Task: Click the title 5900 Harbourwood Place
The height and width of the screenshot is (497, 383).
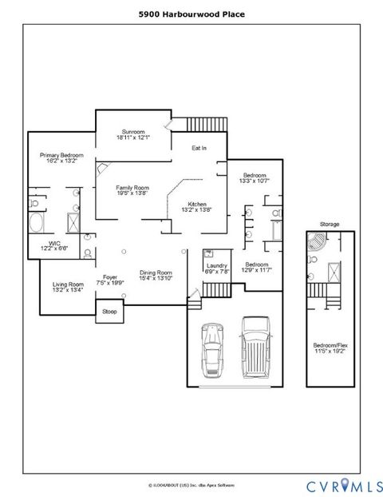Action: [191, 14]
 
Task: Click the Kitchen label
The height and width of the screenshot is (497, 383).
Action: [197, 207]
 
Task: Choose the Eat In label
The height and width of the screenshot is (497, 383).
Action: [199, 148]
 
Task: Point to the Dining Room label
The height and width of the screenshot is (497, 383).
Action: [156, 275]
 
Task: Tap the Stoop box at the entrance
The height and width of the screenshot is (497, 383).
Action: [109, 312]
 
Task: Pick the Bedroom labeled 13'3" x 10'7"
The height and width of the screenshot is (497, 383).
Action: [255, 177]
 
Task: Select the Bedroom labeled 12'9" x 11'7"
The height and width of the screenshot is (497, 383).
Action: [257, 267]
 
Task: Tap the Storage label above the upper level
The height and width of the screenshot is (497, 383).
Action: [329, 225]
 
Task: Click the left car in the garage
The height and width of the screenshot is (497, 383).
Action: [214, 348]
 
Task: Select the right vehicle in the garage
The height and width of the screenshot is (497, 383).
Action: [255, 344]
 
